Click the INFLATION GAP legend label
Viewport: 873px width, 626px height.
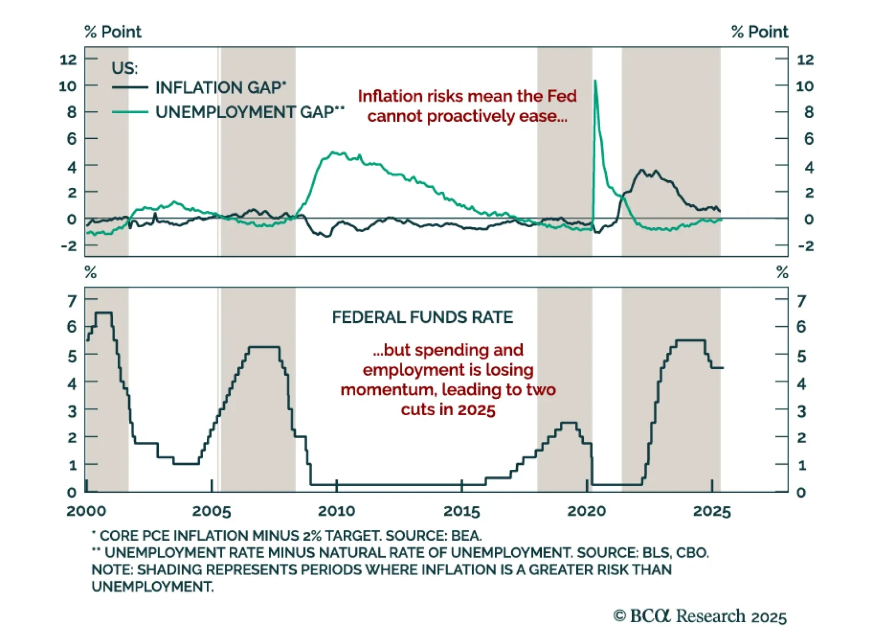220,87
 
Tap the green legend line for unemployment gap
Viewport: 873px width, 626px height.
130,112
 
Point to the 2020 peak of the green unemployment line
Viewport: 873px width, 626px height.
595,81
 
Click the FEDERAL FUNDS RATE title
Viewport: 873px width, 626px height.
422,317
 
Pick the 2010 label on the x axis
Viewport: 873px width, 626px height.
336,511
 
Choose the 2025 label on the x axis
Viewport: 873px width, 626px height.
711,511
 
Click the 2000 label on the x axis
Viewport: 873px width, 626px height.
86,511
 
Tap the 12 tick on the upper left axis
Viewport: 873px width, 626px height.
68,60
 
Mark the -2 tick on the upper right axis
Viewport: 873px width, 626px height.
806,246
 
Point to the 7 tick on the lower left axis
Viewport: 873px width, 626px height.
72,301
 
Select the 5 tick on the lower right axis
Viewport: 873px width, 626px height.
801,357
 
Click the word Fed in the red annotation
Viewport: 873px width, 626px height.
561,96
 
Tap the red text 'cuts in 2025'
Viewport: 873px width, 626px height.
448,410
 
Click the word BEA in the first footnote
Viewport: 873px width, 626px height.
466,536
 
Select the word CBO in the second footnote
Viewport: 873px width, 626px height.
692,553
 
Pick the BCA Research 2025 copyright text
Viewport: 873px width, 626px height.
700,616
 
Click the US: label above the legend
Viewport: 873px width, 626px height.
124,68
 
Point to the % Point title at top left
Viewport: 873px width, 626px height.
113,32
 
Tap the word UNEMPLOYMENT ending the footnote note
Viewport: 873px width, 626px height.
152,587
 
